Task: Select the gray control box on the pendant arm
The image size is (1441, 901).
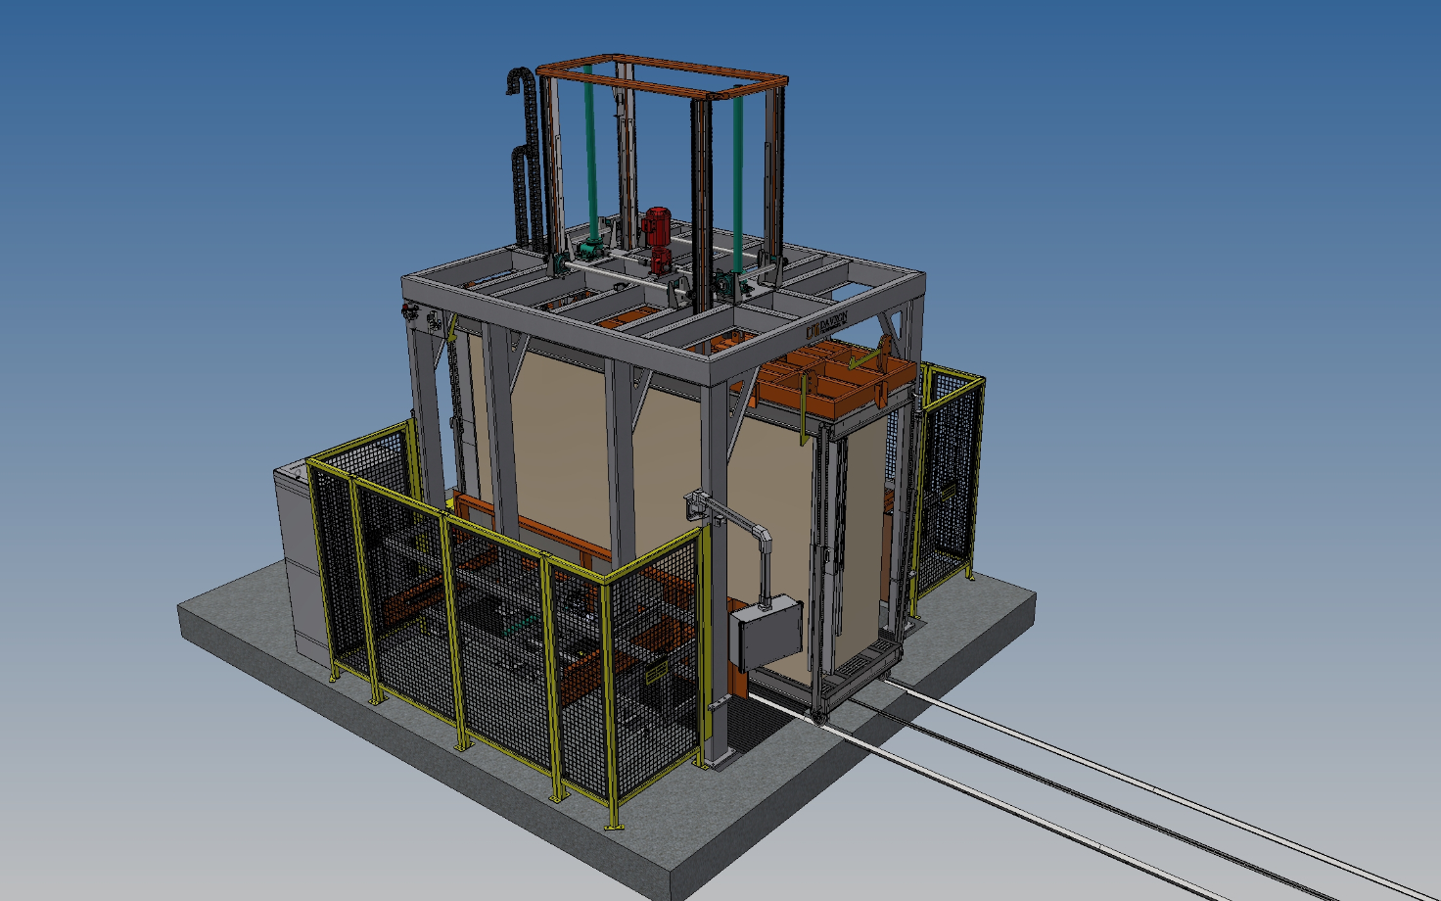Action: point(767,635)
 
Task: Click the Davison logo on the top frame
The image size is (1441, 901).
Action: point(825,326)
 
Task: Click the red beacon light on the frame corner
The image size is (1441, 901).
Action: point(409,313)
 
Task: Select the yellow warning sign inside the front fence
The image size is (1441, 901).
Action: point(655,673)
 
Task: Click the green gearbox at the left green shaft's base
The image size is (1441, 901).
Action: point(590,240)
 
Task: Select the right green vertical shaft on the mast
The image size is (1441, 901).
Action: point(737,176)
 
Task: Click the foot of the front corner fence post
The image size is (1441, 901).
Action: point(614,826)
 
